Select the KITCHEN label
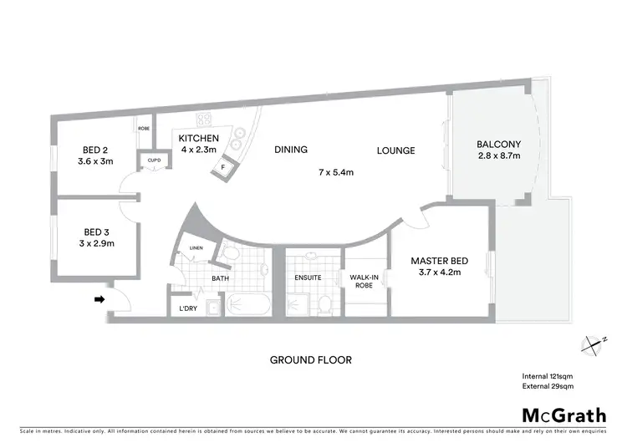click(x=198, y=139)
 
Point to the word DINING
click(x=291, y=150)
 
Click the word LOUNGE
click(x=395, y=150)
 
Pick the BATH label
click(x=220, y=278)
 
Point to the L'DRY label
click(x=188, y=308)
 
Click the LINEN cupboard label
click(x=196, y=248)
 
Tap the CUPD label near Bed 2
click(x=154, y=160)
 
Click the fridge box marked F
click(x=223, y=167)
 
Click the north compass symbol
click(x=594, y=343)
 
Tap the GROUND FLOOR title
click(x=310, y=360)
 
